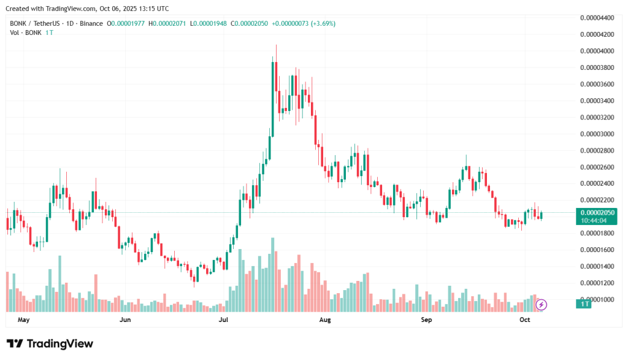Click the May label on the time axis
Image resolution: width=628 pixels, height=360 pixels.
(24, 320)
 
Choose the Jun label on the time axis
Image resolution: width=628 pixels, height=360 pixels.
(125, 320)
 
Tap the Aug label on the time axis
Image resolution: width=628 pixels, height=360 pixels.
(325, 320)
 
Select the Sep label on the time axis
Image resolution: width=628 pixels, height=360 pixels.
(427, 320)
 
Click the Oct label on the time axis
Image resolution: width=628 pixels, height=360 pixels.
(524, 320)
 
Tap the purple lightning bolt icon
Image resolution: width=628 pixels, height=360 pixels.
(542, 304)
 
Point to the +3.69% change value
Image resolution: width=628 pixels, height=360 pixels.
(323, 24)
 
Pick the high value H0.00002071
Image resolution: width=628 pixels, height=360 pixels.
(171, 24)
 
